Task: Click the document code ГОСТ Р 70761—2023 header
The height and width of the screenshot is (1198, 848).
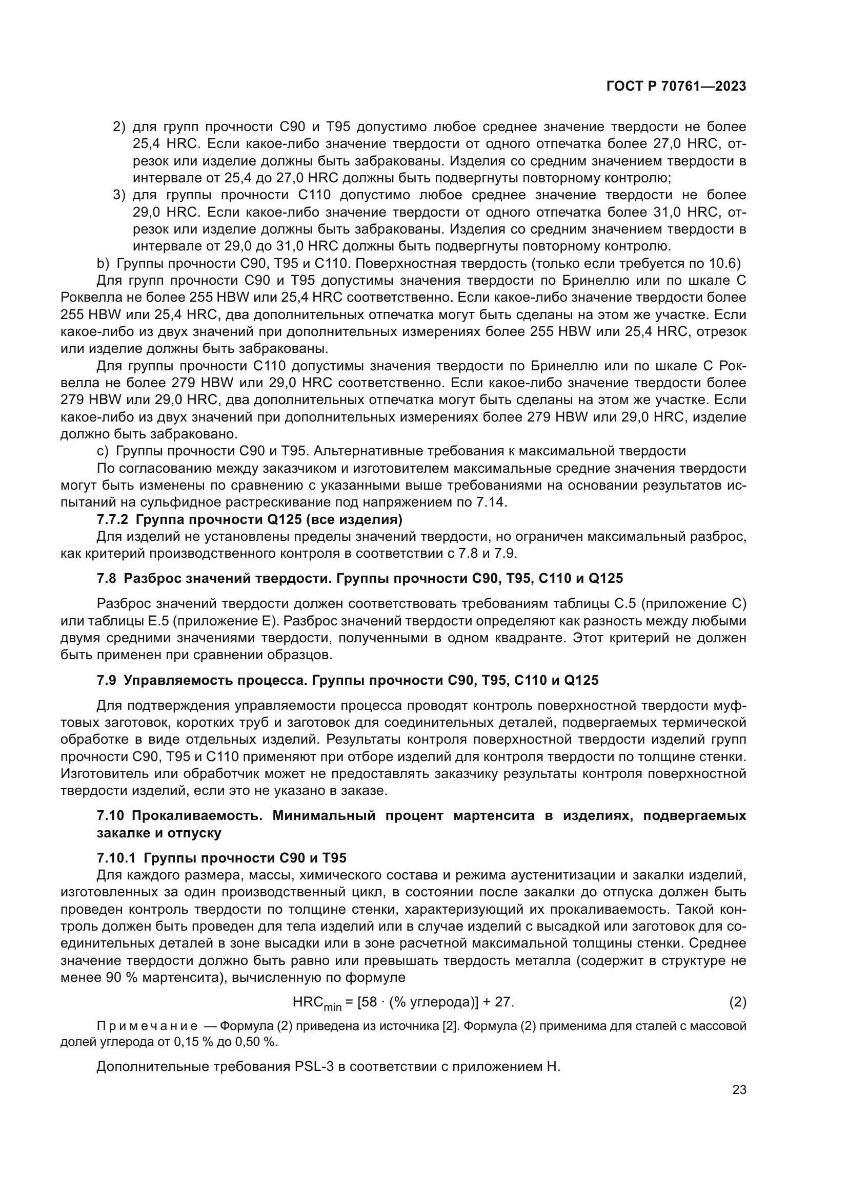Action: point(676,87)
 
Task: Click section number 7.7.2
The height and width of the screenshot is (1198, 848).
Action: point(112,520)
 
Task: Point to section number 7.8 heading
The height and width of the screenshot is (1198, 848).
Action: point(107,578)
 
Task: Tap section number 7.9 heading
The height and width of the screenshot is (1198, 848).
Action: point(107,680)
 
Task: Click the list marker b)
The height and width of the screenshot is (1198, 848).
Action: point(103,263)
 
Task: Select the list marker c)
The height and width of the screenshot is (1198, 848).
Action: point(103,451)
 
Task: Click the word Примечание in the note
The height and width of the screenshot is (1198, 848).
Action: point(147,1026)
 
